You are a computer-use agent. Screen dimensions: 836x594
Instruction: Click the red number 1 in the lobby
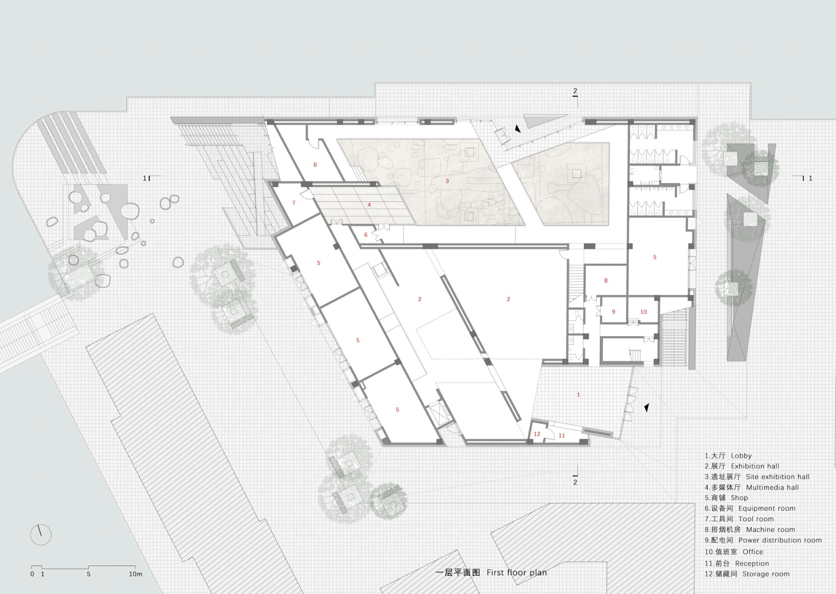pos(578,395)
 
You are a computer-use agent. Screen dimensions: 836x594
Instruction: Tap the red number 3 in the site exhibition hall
pos(447,181)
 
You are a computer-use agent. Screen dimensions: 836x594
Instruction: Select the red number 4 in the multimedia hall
pos(369,205)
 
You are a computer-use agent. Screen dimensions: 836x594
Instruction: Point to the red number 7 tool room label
pos(294,203)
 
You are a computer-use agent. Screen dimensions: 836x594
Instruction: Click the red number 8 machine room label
pos(606,281)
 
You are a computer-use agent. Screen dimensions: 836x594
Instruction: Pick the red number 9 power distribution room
pos(613,311)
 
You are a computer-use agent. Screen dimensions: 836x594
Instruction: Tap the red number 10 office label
pos(643,312)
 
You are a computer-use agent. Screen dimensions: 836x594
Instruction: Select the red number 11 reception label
pos(562,436)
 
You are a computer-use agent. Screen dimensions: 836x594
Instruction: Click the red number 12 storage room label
pos(537,434)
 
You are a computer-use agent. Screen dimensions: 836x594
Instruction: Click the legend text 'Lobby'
pos(741,455)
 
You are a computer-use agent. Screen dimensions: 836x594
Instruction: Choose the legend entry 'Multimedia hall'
pos(773,487)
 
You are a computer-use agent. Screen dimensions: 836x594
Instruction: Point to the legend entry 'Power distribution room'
pos(780,540)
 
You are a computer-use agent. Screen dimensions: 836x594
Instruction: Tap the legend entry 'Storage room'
pos(766,574)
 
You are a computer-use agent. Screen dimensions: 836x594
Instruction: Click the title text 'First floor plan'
pos(517,572)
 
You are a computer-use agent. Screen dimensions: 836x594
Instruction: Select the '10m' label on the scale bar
pos(136,574)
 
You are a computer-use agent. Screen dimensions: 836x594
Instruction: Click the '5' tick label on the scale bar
pos(89,574)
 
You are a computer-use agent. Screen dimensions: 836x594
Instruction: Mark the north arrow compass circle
pos(41,535)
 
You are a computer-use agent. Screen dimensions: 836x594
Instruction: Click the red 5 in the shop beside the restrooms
pos(655,257)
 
